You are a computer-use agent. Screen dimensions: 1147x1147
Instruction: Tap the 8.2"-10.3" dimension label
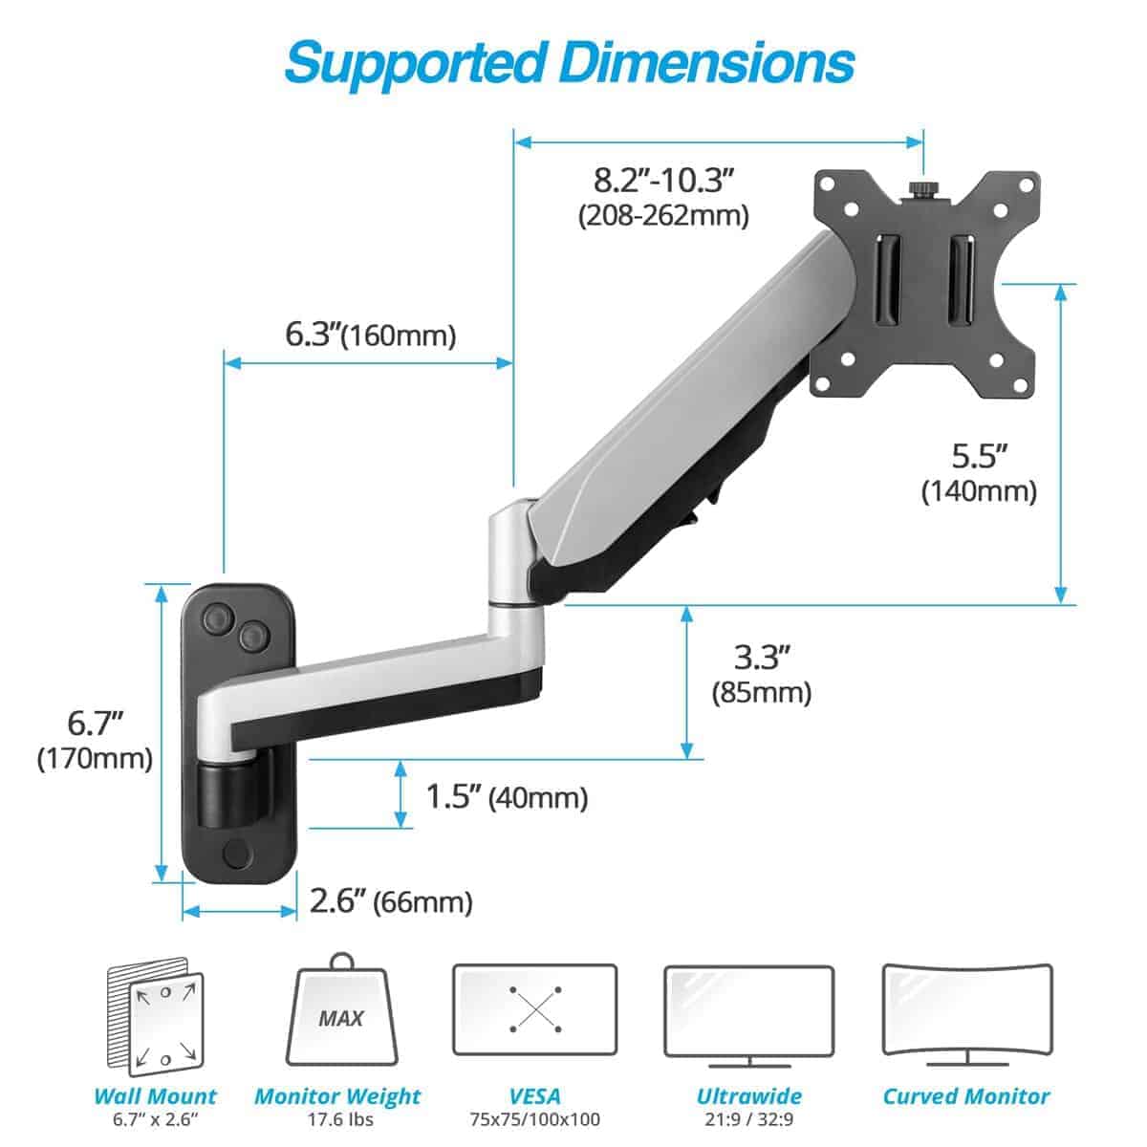[x=663, y=179]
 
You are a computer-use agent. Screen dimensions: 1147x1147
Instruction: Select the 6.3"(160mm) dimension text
[x=371, y=335]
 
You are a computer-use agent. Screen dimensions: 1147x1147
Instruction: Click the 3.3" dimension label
[x=762, y=658]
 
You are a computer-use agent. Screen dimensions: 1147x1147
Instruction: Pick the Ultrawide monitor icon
[x=748, y=1013]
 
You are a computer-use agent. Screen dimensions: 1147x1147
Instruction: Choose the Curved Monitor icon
[x=966, y=1013]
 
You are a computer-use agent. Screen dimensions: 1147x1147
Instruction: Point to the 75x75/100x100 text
[x=534, y=1119]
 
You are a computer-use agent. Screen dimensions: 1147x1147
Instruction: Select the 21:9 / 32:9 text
[x=748, y=1119]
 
